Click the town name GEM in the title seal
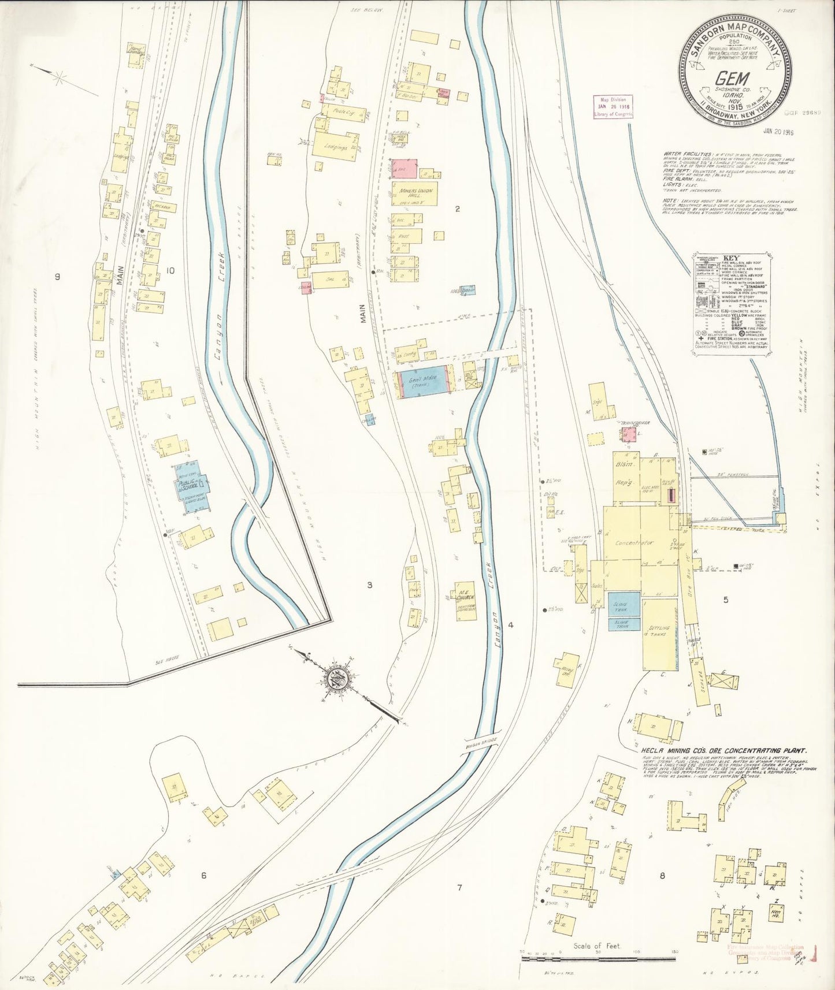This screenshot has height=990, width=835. (x=732, y=79)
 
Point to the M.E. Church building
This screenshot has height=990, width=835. (x=465, y=601)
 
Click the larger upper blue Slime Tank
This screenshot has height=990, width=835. (x=624, y=604)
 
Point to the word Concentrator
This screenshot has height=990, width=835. (x=634, y=543)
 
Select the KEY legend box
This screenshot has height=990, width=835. (x=730, y=303)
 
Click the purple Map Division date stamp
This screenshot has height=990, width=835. (x=613, y=107)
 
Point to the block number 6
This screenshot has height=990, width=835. (x=204, y=875)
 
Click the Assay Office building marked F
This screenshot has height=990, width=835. (x=568, y=670)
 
